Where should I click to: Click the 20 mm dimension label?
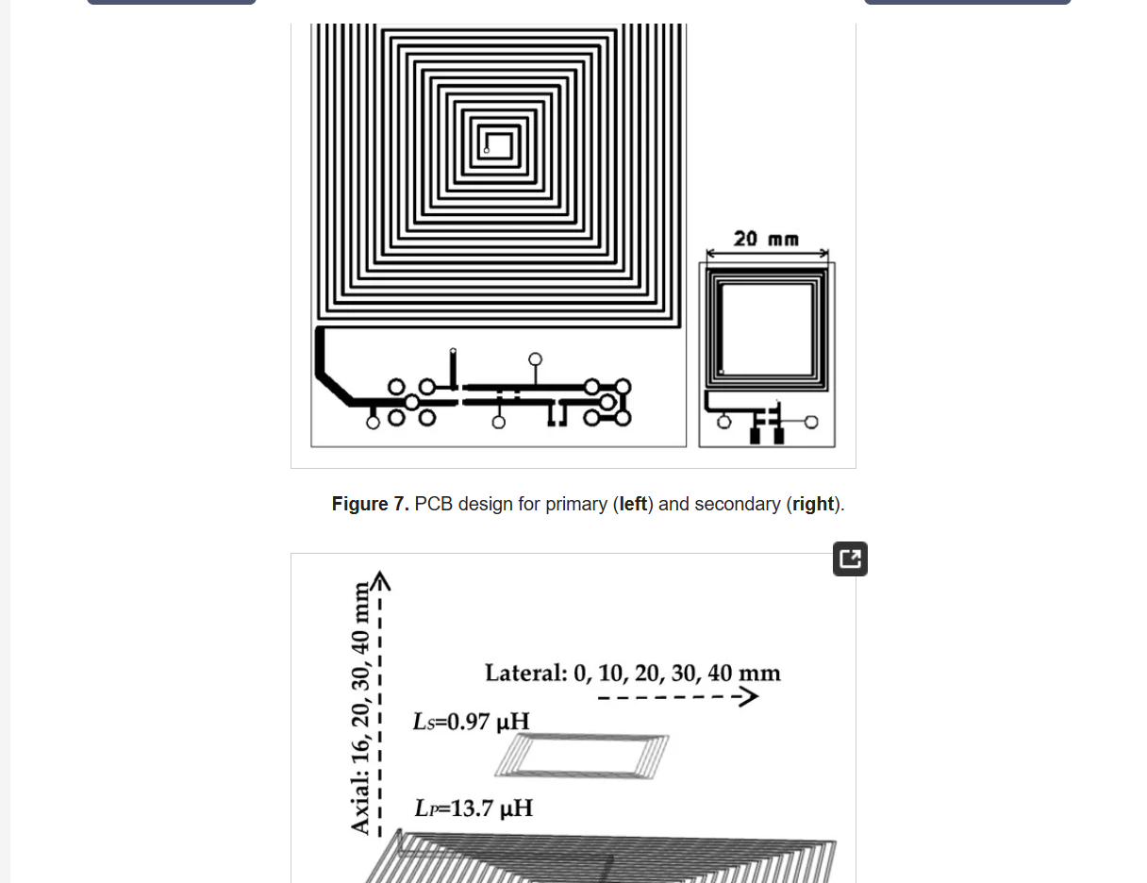click(766, 239)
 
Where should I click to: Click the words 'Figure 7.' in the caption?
click(370, 504)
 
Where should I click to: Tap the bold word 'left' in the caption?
click(633, 504)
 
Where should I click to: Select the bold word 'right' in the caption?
click(813, 504)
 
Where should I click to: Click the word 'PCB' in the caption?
click(433, 504)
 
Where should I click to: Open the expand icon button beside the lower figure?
click(850, 558)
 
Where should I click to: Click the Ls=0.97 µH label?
click(471, 722)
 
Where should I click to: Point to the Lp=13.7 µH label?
click(474, 808)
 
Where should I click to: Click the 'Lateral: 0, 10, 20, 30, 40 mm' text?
click(632, 673)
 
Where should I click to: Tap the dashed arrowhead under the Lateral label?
click(750, 697)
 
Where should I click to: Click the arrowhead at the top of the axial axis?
click(380, 580)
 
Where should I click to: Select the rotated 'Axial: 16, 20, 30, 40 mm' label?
click(360, 708)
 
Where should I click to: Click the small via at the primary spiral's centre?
click(487, 150)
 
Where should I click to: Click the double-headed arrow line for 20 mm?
click(767, 254)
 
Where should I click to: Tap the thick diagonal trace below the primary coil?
click(334, 388)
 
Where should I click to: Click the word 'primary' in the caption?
click(576, 504)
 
